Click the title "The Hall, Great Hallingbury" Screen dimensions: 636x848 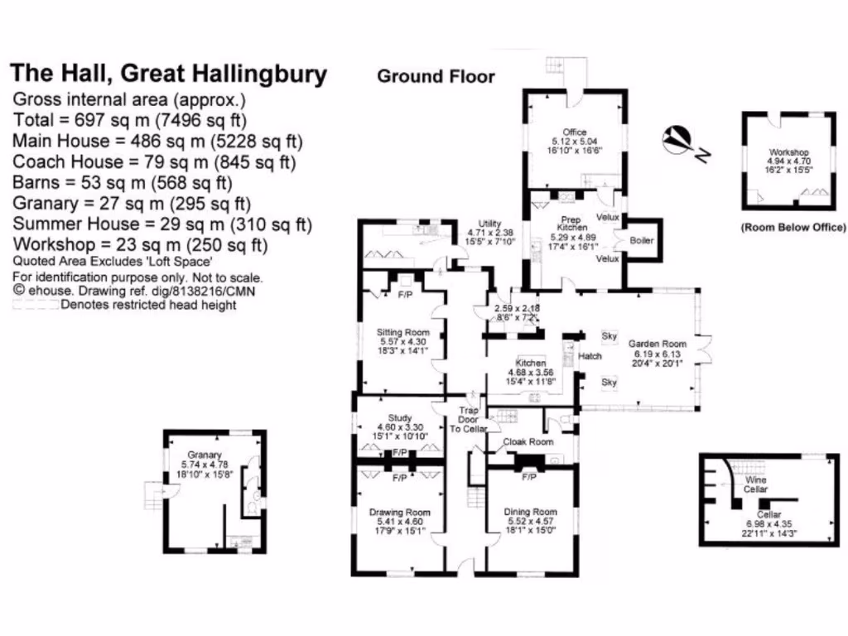[x=168, y=74]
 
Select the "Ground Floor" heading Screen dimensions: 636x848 [x=436, y=77]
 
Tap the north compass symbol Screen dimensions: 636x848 [x=681, y=141]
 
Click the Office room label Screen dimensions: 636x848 [x=574, y=132]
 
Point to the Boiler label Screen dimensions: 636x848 [x=642, y=240]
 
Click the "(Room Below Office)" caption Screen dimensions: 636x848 [x=793, y=227]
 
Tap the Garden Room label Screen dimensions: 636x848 [x=658, y=344]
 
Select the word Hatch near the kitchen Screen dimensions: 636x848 [x=590, y=356]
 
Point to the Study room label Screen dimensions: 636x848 [x=399, y=417]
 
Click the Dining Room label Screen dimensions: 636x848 [x=530, y=512]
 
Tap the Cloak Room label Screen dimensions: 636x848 [x=529, y=441]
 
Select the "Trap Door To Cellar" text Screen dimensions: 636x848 [x=468, y=418]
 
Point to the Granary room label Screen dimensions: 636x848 [x=204, y=455]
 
